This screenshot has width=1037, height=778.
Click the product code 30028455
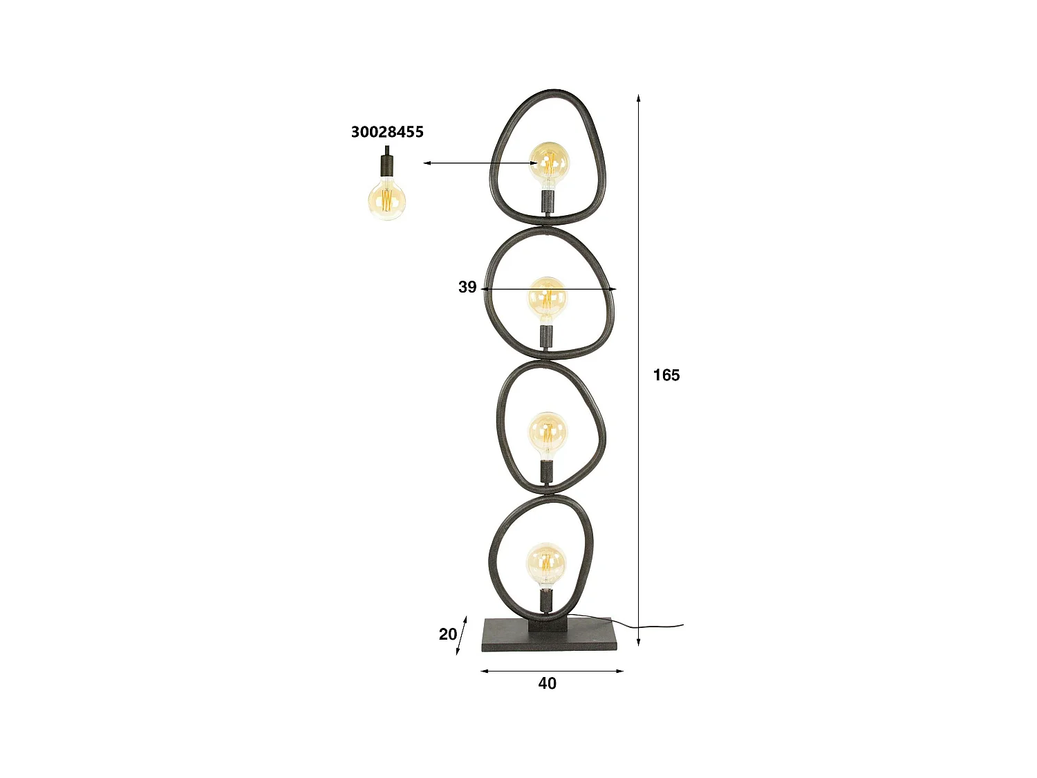coord(387,132)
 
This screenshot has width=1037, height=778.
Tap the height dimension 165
coord(666,375)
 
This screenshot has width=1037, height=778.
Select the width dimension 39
coord(467,287)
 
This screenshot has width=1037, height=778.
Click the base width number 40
coord(547,683)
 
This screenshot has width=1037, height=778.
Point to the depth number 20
coord(447,633)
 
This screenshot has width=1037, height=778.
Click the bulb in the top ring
coord(550,163)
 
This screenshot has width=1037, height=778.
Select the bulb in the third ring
coord(548,434)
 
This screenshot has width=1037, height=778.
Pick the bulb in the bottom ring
coord(546,564)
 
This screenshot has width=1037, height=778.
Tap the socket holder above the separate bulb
coord(386,165)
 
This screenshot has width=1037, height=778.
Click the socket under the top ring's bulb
coord(548,202)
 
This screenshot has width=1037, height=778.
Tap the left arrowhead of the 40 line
coord(484,670)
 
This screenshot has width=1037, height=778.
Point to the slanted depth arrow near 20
coord(462,636)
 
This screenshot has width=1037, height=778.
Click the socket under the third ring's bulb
coord(547,472)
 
